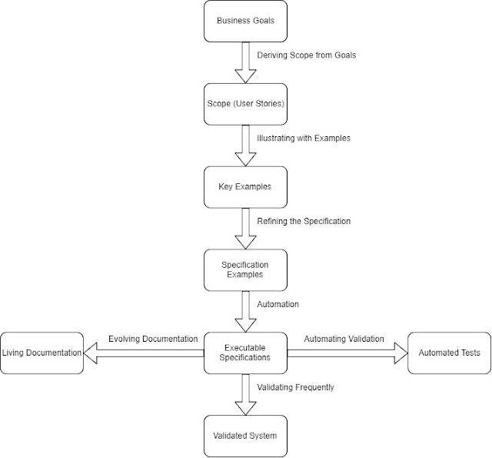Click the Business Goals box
coord(244,22)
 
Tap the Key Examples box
coord(244,187)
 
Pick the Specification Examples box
coord(244,269)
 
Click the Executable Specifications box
coord(244,353)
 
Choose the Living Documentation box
coord(42,353)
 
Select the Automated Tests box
coord(450,353)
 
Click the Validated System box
coord(244,436)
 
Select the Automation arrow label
coord(278,304)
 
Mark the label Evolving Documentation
coord(153,339)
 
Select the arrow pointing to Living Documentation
coord(143,353)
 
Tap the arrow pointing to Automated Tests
coord(346,353)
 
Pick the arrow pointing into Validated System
coord(244,394)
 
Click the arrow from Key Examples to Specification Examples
coord(244,229)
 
